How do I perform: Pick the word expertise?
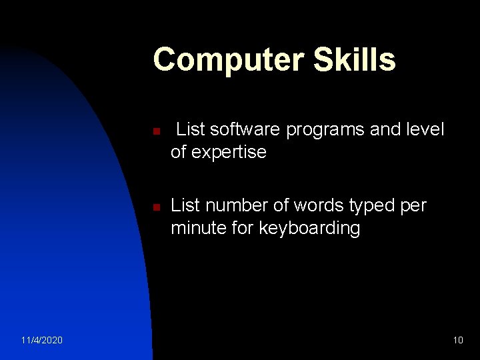pos(229,153)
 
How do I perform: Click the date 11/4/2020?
pos(42,340)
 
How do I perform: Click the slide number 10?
pos(457,340)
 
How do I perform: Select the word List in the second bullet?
pos(185,206)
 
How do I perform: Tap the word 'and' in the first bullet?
pos(385,130)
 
